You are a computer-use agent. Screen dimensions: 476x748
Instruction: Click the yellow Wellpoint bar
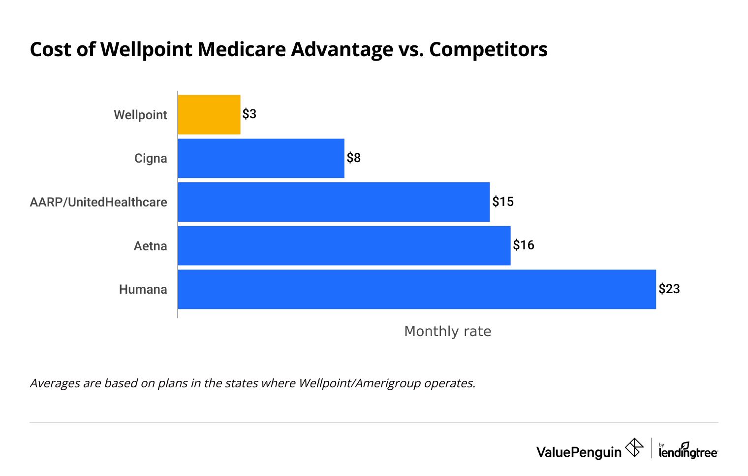click(209, 115)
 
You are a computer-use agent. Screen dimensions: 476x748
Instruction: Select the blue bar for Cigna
click(261, 158)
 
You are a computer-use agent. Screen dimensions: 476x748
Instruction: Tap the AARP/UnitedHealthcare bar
click(334, 202)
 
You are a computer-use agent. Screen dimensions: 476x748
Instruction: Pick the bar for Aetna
click(344, 245)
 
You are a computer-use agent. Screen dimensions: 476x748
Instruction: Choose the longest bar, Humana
click(417, 289)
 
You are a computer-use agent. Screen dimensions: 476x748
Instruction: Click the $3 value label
click(249, 114)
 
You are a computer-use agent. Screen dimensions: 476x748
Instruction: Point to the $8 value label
click(353, 158)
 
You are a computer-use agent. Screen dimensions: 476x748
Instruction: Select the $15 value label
click(503, 202)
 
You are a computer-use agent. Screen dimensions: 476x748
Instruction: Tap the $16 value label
click(524, 245)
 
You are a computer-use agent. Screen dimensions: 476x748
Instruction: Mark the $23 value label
click(669, 289)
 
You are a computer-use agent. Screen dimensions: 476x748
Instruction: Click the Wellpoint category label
click(141, 115)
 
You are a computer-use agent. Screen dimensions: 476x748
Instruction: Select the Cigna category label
click(151, 158)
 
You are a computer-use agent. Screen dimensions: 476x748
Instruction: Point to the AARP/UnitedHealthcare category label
click(98, 202)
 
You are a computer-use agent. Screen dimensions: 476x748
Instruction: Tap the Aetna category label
click(150, 246)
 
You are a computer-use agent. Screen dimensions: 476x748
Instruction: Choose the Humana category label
click(143, 289)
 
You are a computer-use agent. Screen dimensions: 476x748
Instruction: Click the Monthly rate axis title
click(447, 331)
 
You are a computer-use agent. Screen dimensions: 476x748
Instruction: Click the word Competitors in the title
click(488, 49)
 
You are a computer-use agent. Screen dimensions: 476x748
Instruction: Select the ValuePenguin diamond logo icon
click(634, 448)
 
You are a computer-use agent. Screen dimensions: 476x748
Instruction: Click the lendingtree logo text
click(688, 451)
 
